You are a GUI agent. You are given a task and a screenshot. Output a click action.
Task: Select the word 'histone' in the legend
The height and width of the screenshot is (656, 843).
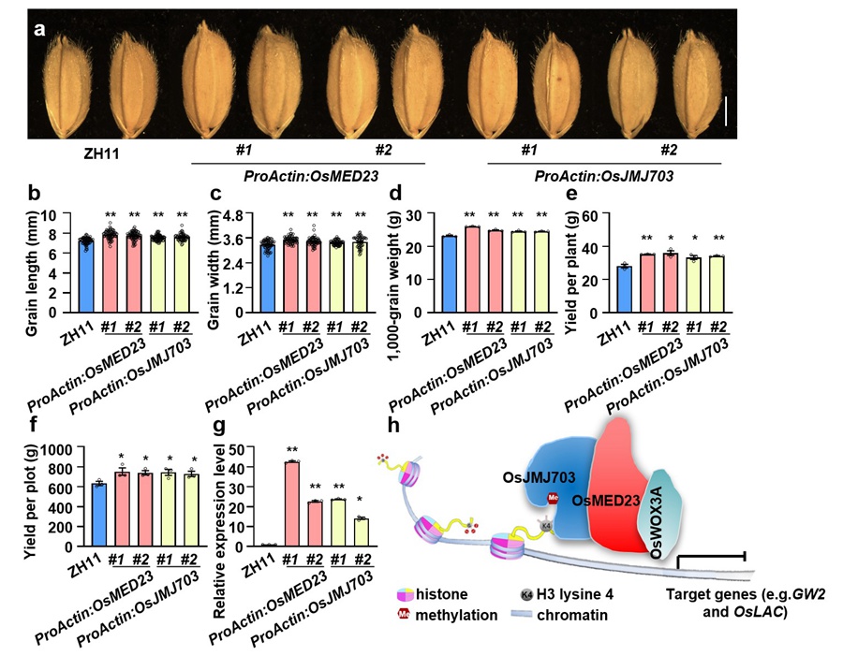click(449, 593)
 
